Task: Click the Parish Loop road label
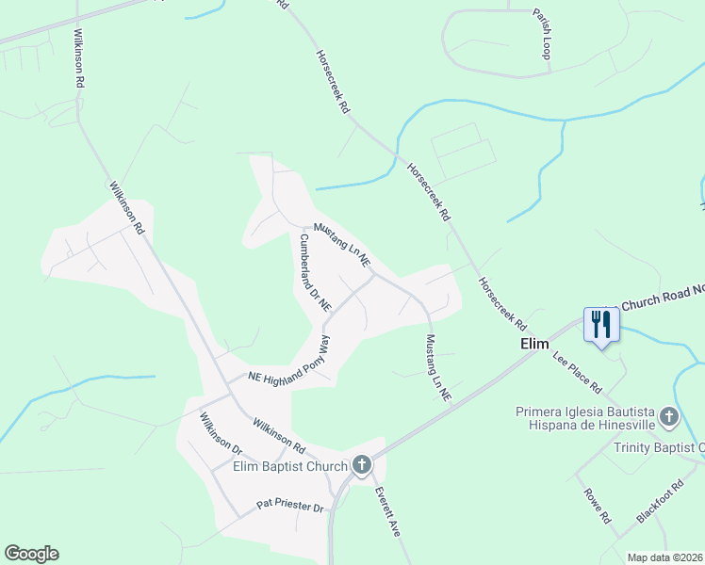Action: click(540, 35)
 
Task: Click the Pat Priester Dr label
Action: click(290, 508)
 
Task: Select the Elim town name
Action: click(534, 345)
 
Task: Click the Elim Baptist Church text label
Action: click(290, 464)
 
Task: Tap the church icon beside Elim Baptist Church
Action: click(362, 464)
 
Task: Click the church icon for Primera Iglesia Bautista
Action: click(668, 415)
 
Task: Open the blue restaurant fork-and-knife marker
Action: click(600, 325)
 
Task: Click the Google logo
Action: click(31, 554)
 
